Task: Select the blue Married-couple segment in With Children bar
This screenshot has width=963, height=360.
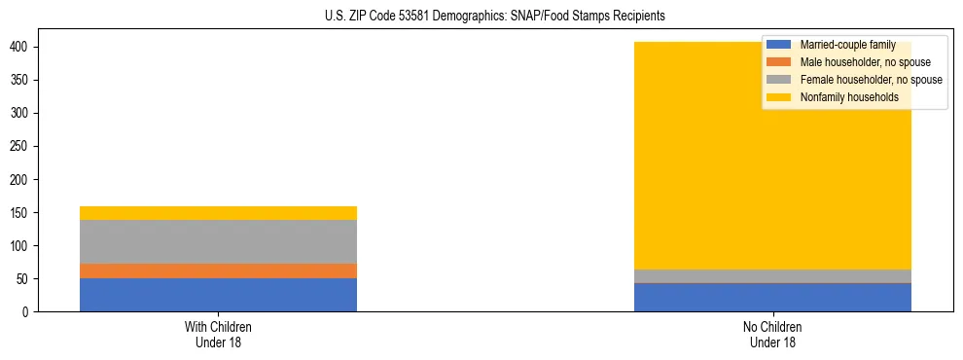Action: [x=218, y=295]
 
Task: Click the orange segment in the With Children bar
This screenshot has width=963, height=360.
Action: [x=218, y=270]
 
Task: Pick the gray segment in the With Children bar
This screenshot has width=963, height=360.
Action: [x=218, y=241]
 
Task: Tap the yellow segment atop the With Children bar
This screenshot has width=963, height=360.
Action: [x=218, y=213]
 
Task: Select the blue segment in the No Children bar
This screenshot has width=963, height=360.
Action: [x=772, y=298]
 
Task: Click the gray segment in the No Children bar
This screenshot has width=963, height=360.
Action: [x=772, y=276]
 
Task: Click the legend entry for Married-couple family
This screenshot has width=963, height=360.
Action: [x=846, y=45]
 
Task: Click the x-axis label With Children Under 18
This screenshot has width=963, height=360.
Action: [x=218, y=334]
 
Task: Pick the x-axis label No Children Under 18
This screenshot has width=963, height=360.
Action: [x=772, y=334]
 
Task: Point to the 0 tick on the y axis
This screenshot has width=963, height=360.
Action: [x=26, y=312]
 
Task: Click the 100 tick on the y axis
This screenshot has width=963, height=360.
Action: [x=20, y=246]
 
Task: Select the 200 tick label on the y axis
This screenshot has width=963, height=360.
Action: [x=20, y=180]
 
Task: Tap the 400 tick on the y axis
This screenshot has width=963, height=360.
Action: [x=20, y=47]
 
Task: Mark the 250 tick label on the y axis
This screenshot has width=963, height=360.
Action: [x=20, y=147]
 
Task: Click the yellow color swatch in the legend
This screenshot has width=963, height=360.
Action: [x=779, y=97]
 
